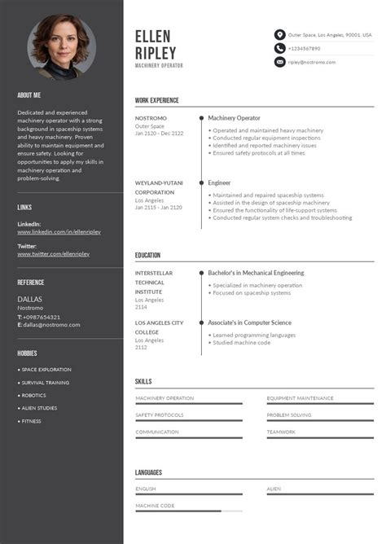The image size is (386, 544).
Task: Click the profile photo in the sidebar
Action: [62, 48]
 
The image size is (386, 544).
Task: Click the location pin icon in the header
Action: [280, 35]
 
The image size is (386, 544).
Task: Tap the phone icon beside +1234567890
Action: [280, 49]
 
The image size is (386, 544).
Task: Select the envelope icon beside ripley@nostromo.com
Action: [280, 62]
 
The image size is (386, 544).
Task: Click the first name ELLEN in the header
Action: [153, 36]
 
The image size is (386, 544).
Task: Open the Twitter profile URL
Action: [54, 254]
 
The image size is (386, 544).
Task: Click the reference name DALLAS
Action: [30, 299]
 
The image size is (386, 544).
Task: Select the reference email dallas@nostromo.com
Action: [51, 325]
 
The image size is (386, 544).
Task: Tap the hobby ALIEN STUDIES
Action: [39, 408]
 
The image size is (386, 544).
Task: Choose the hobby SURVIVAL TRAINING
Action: [45, 383]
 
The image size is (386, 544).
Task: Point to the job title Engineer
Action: [219, 183]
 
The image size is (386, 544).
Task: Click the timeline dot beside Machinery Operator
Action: [201, 118]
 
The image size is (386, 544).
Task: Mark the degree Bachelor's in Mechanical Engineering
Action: [256, 273]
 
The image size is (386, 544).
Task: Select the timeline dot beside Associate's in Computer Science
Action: [201, 322]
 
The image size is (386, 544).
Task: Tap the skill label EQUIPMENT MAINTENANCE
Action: [300, 398]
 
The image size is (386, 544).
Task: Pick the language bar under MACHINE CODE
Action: [188, 511]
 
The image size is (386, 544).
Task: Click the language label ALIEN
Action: [274, 489]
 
